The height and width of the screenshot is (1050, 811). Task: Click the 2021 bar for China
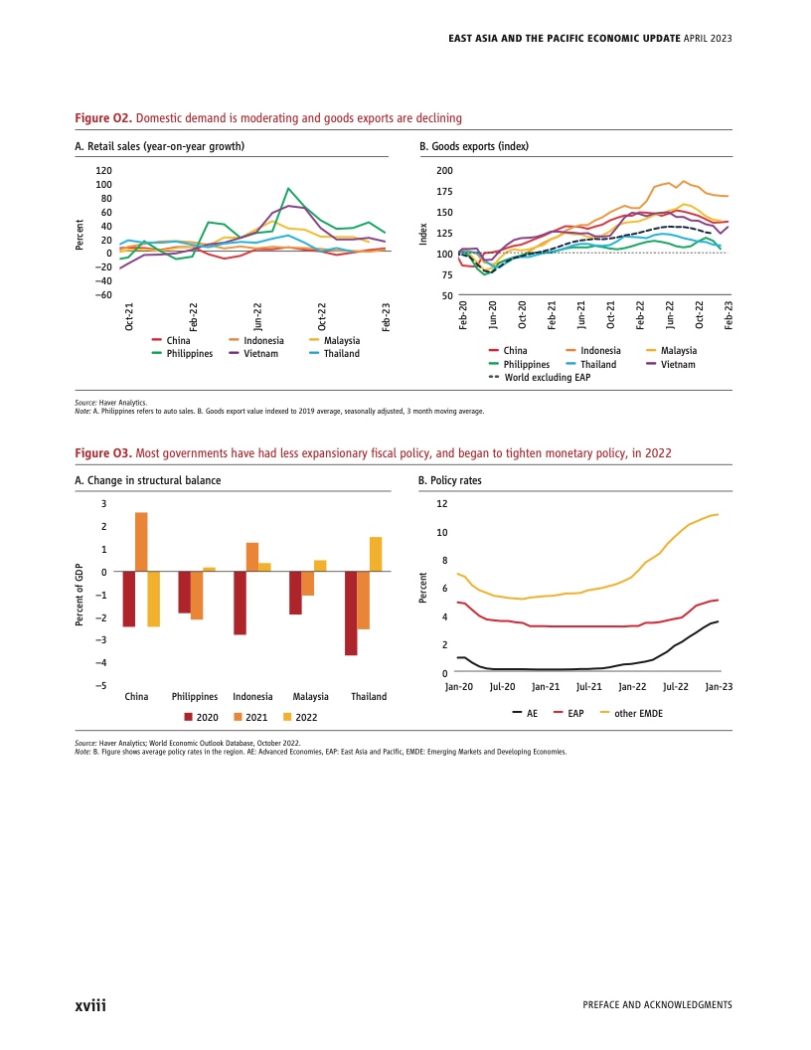click(141, 542)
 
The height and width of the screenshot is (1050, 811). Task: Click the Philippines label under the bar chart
click(195, 697)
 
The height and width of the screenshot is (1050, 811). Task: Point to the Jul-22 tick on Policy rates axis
click(676, 687)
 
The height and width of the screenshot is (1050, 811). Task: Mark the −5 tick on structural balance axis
click(102, 685)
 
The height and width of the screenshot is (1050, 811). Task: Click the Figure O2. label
click(104, 118)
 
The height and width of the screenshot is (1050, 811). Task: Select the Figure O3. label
click(104, 453)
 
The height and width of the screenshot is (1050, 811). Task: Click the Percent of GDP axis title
click(80, 595)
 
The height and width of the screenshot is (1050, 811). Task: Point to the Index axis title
click(423, 236)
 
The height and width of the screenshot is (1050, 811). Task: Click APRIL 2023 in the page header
click(709, 38)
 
